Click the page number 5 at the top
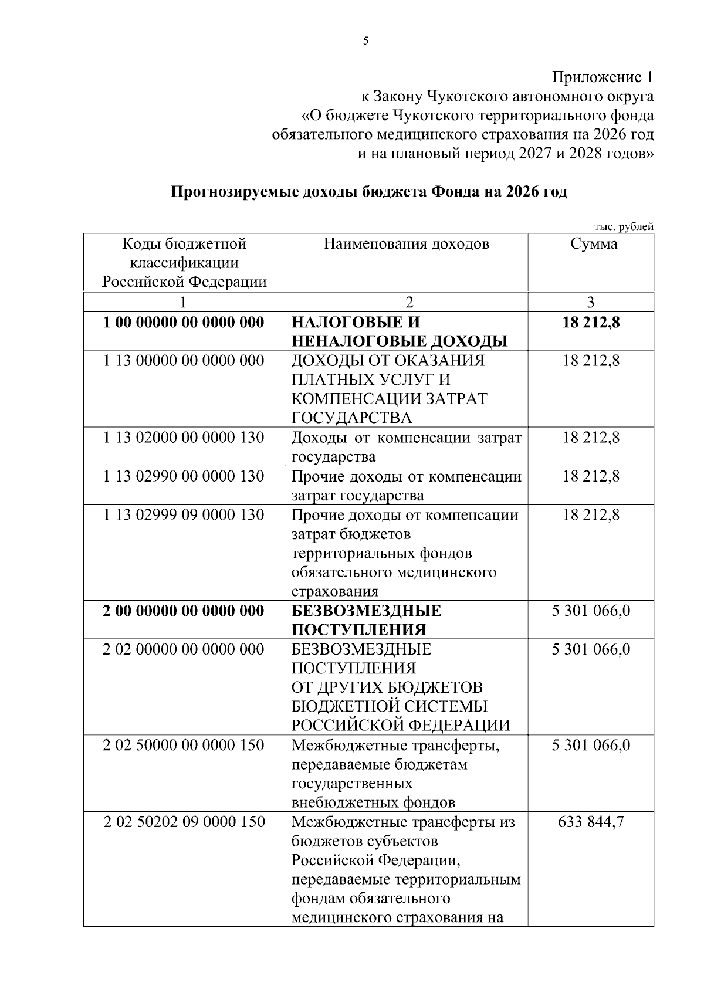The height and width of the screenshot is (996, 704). coord(365,41)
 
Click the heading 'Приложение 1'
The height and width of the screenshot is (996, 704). coord(602,77)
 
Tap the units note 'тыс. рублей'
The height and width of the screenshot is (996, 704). coord(624,228)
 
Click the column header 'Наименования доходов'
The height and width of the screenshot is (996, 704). coord(406,244)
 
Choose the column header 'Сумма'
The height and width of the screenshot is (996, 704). coord(594,244)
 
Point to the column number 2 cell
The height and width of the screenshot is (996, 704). coord(409,302)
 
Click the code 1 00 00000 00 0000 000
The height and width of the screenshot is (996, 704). coord(184,322)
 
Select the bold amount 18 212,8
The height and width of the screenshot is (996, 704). coord(591,322)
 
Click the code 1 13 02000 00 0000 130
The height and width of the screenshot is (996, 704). coord(184,438)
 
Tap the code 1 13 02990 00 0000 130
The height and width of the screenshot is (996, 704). coord(184,476)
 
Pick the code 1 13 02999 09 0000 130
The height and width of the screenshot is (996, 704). coord(184,515)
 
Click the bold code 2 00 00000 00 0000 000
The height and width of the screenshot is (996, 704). coord(184,611)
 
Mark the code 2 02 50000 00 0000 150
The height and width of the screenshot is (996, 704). coord(184,746)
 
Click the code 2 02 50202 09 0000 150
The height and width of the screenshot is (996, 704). coord(184,822)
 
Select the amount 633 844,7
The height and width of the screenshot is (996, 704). coord(591,822)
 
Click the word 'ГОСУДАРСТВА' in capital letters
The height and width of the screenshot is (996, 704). coord(351,418)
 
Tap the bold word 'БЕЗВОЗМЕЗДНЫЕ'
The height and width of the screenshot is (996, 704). coord(366,611)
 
